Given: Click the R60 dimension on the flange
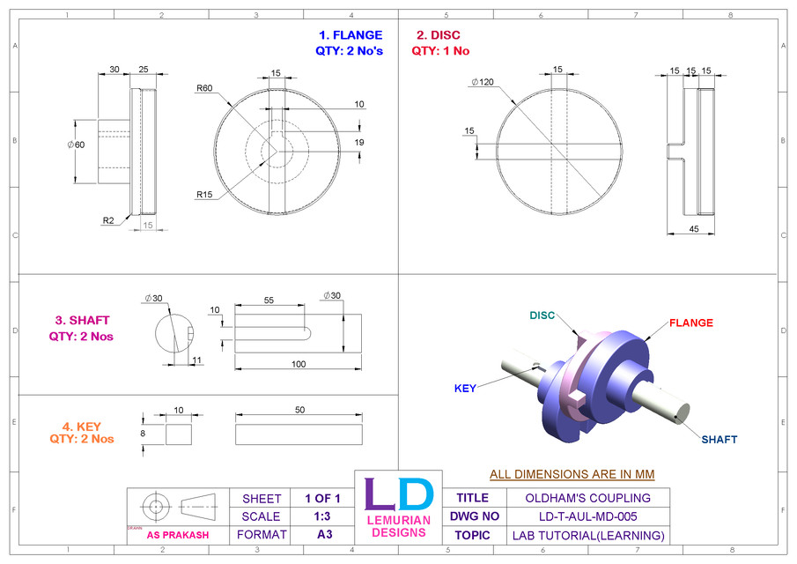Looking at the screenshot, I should [204, 88].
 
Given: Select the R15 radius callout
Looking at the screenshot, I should [204, 194].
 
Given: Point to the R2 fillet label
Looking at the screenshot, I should [109, 221].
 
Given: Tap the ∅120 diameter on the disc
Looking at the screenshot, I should [483, 82].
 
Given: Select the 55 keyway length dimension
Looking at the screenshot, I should [269, 301].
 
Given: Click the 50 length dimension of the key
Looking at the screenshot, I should [299, 410].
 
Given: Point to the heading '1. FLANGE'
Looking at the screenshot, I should [351, 35].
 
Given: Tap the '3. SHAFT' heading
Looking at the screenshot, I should [82, 321].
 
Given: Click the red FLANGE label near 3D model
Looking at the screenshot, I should [691, 323].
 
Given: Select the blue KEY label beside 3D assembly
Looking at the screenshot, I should [465, 388].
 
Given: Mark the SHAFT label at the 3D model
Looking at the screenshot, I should [720, 439].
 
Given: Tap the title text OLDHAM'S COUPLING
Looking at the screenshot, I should [582, 498].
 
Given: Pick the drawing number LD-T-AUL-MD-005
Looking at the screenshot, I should [582, 516].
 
